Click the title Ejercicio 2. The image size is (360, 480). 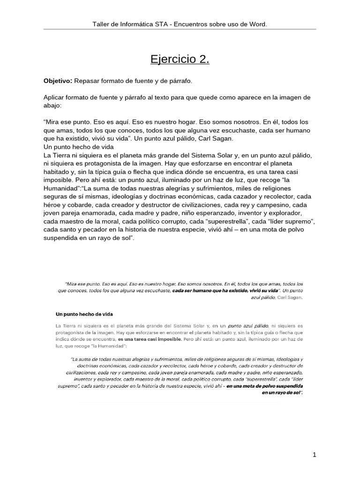tap(180, 60)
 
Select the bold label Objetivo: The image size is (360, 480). tap(58, 81)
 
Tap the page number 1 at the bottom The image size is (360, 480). tap(315, 455)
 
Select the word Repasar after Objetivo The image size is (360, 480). tap(87, 81)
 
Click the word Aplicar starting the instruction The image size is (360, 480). tap(54, 97)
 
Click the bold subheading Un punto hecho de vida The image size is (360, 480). tap(84, 313)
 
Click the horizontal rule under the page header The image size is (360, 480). tap(180, 30)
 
